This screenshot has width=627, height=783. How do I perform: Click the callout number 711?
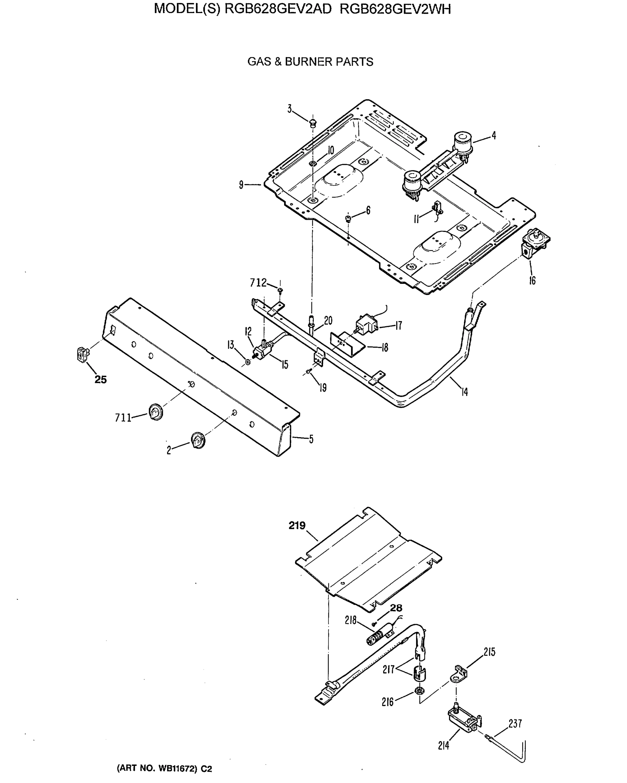coord(123,418)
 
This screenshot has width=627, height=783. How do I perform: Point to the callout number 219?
coord(297,526)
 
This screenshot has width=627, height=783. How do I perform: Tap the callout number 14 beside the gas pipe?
coord(464,392)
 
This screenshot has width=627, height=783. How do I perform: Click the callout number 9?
coord(241,185)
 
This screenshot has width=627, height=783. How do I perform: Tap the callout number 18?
coord(385,347)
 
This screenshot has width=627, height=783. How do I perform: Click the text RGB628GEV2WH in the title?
coord(395,9)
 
